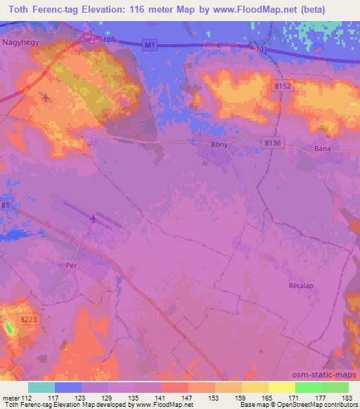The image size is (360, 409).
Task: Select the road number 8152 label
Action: click(282, 85)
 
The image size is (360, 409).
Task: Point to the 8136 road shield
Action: click(273, 143)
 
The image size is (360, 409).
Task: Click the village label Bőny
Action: click(219, 144)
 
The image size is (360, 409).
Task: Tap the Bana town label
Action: click(322, 148)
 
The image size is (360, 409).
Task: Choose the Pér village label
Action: click(70, 267)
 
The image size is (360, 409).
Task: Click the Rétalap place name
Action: click(300, 287)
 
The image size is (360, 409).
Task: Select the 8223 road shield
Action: click(29, 320)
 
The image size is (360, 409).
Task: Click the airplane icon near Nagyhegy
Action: click(46, 97)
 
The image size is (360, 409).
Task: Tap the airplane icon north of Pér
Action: click(93, 219)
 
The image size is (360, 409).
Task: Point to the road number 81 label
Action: click(6, 205)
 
